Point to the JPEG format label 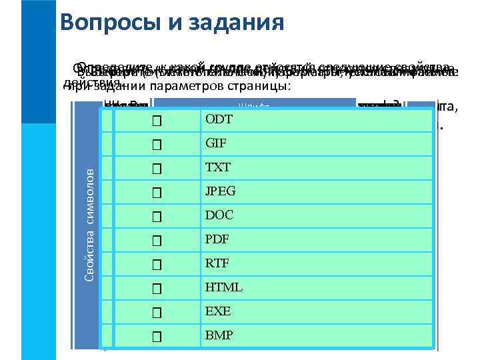click(220, 191)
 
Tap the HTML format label click(223, 287)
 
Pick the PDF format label click(216, 239)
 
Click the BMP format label click(218, 335)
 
